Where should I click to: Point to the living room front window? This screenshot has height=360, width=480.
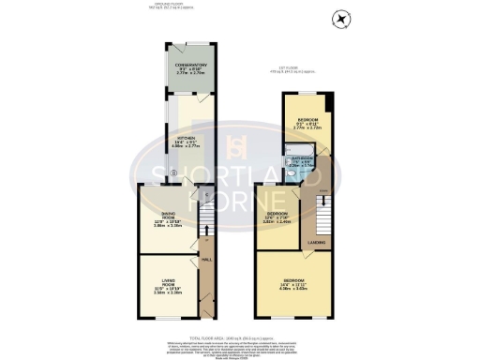click(x=169, y=318)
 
